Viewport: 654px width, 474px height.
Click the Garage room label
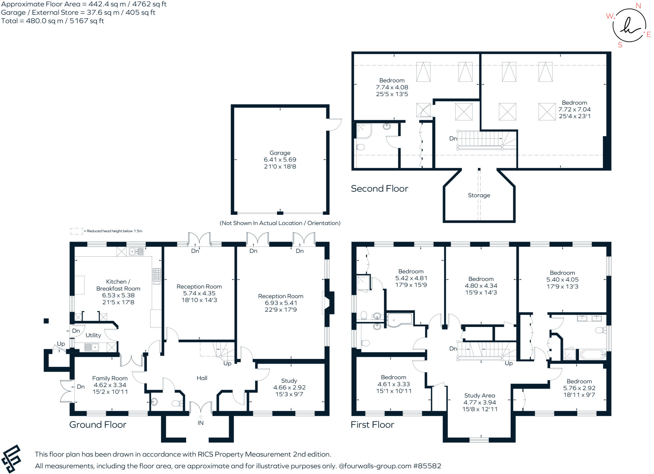pyautogui.click(x=280, y=153)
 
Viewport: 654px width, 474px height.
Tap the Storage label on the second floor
pyautogui.click(x=479, y=195)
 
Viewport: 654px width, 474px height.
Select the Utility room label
pyautogui.click(x=93, y=335)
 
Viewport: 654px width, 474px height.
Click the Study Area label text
pyautogui.click(x=479, y=395)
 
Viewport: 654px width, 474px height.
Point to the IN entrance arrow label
pyautogui.click(x=201, y=423)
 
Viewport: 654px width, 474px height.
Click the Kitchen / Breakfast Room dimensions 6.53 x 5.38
pyautogui.click(x=118, y=295)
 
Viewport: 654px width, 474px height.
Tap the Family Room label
pyautogui.click(x=110, y=378)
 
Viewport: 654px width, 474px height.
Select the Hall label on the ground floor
pyautogui.click(x=202, y=378)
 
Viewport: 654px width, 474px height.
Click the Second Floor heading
pyautogui.click(x=379, y=189)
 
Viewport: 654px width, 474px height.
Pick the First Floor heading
pyautogui.click(x=372, y=425)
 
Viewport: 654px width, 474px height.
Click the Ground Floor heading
pyautogui.click(x=98, y=425)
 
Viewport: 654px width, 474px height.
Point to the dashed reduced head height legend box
pyautogui.click(x=76, y=231)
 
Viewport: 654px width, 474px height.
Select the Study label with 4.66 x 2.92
pyautogui.click(x=289, y=381)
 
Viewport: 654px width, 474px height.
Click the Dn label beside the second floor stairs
pyautogui.click(x=453, y=138)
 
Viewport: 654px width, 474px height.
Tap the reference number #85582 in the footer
pyautogui.click(x=427, y=466)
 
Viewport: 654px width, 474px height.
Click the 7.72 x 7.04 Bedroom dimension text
pyautogui.click(x=574, y=109)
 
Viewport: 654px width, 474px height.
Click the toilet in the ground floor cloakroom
pyautogui.click(x=177, y=404)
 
